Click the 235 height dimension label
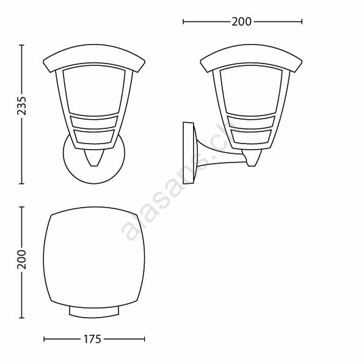tap(22, 106)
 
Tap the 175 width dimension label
tap(92, 339)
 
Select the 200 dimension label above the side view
tap(241, 22)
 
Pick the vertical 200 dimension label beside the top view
tap(22, 260)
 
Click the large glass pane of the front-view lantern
tap(94, 90)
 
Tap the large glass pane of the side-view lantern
tap(251, 90)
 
